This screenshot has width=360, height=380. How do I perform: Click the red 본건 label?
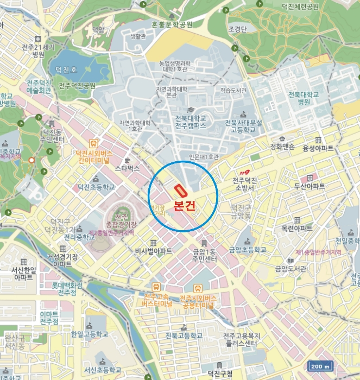pos(183,206)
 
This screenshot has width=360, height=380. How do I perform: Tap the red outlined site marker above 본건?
pos(180,191)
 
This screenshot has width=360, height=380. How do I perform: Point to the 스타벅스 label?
pos(128,168)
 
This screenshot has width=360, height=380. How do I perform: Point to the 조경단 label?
pos(237,29)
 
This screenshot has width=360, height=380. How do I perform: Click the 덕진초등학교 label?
pos(96,187)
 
